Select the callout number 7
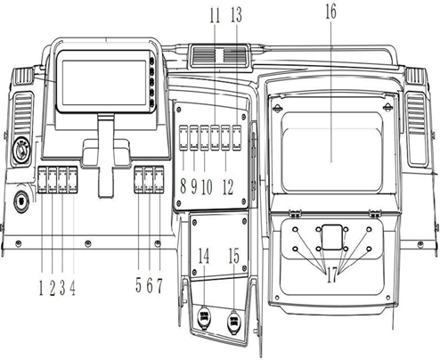coord(160,285)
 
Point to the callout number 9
coord(193,187)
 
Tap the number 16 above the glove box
coord(331,13)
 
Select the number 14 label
coord(204,257)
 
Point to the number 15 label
coord(234,257)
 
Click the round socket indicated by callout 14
coord(202,316)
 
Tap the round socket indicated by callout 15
coord(236,318)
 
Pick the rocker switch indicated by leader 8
coord(182,139)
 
